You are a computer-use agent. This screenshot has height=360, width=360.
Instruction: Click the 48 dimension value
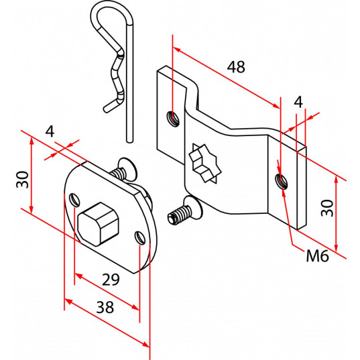coord(236,67)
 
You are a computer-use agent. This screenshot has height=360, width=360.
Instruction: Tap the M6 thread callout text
coord(317,255)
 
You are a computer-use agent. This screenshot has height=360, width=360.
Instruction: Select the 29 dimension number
coord(111,280)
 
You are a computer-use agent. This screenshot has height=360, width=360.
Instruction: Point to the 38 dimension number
coord(105,307)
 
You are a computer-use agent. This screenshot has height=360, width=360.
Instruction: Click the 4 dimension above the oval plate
coord(50,132)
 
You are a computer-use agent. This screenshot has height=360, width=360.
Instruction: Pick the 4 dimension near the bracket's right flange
coord(298,102)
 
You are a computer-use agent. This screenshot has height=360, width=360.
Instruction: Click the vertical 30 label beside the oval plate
coord(23,180)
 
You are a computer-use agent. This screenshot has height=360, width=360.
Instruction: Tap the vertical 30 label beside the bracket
coord(327,208)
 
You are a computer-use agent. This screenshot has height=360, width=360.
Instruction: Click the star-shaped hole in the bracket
coord(204,164)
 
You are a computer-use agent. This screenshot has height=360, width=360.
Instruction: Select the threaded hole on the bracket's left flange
coord(173,119)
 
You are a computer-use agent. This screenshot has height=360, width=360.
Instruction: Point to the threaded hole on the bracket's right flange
coord(282,181)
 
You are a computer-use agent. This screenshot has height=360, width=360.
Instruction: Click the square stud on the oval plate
coord(99,224)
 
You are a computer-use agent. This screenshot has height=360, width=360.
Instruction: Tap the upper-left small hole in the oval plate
coord(75,199)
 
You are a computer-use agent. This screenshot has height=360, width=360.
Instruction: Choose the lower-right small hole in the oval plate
coord(140,237)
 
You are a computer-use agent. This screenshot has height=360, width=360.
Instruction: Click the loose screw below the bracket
coord(185,210)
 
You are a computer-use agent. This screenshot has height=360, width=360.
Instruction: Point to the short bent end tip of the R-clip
coord(106,109)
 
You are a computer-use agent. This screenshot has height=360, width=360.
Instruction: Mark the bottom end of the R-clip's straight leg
coord(129,141)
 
